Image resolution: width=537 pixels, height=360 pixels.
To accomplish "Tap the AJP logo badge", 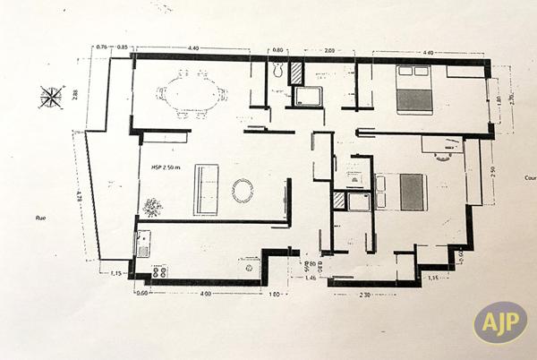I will (499, 323).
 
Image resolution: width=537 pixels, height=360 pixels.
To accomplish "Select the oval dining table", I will (191, 93).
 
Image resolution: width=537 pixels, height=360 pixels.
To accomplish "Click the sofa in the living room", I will (207, 190).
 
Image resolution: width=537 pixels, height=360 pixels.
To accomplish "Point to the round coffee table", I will (243, 190).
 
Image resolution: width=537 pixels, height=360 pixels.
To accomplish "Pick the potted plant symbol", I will (152, 207).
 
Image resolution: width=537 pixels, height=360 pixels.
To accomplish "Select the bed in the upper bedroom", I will (414, 90).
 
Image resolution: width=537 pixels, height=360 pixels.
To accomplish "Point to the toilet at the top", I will (277, 70).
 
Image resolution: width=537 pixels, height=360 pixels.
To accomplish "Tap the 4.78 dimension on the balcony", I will (79, 195).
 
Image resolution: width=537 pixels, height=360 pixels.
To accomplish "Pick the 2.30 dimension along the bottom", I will (365, 293).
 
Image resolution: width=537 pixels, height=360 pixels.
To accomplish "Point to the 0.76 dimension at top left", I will (101, 47).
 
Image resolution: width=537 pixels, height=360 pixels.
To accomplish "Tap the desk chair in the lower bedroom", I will (443, 156).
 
